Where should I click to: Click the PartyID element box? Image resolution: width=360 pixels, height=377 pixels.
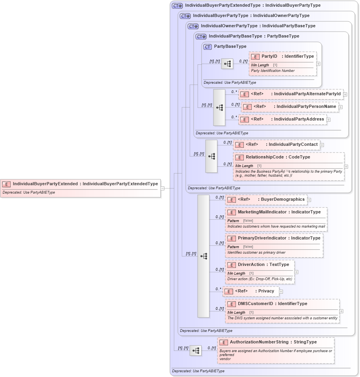coord(283,57)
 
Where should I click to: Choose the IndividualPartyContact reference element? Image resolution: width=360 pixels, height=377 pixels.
coord(276,145)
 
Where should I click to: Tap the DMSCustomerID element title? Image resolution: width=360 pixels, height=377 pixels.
coord(272,304)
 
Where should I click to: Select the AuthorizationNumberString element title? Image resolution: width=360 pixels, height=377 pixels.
coord(273,342)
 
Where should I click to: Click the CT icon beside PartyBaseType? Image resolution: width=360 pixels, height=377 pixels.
coord(207,47)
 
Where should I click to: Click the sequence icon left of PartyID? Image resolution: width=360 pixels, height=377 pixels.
coord(227,64)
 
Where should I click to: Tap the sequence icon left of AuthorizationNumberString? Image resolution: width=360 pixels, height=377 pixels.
coord(195,351)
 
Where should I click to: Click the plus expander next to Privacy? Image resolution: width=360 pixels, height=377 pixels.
coord(281,292)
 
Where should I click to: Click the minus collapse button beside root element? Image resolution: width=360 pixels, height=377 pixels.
coord(162,188)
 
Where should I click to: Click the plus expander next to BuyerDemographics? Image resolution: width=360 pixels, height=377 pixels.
coord(309,200)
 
